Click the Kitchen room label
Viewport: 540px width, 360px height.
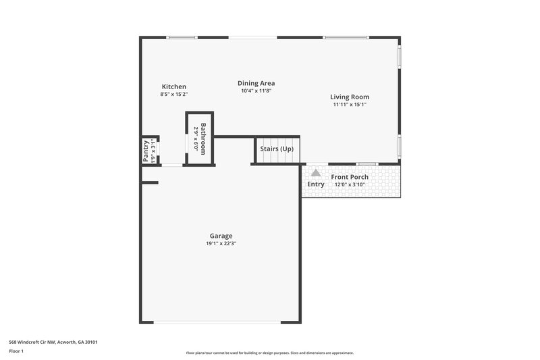point(173,86)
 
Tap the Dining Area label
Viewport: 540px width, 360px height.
point(256,83)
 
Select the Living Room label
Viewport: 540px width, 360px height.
point(350,97)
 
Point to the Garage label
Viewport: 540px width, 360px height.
point(221,236)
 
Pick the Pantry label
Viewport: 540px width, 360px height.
point(146,151)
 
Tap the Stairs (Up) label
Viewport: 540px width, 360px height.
point(277,149)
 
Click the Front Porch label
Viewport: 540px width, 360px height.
point(350,177)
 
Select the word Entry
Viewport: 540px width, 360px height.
point(316,184)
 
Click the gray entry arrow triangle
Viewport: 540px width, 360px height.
point(316,173)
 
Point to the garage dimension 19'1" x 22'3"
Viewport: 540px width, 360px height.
point(221,243)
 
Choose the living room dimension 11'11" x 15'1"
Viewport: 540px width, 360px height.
point(350,105)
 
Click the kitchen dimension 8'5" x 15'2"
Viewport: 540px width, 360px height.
point(173,95)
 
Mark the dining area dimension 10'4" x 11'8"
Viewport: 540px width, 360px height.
point(256,91)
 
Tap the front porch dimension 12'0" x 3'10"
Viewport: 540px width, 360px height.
point(350,184)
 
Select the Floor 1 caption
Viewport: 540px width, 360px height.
point(16,351)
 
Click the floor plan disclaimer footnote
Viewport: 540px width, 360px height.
point(270,353)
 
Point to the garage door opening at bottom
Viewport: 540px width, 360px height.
point(217,322)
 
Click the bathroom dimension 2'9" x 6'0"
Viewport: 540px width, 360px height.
point(196,138)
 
